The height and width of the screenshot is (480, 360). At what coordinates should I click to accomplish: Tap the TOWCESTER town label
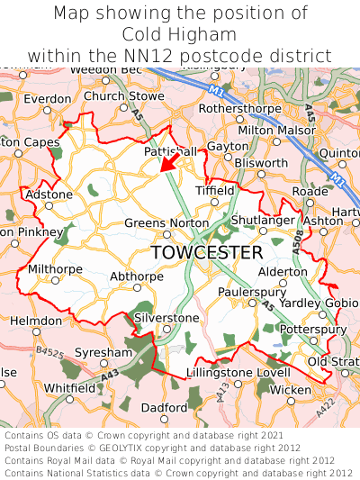pyautogui.click(x=207, y=252)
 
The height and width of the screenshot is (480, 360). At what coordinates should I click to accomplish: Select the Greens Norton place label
pyautogui.click(x=166, y=223)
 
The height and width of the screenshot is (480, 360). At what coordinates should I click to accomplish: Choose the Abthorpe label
pyautogui.click(x=137, y=276)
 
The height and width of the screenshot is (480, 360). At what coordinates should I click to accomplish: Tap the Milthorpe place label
pyautogui.click(x=56, y=269)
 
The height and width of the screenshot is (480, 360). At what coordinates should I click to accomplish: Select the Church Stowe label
pyautogui.click(x=124, y=95)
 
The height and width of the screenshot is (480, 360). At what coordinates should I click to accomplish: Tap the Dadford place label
pyautogui.click(x=164, y=407)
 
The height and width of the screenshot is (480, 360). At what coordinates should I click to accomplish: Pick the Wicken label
pyautogui.click(x=290, y=389)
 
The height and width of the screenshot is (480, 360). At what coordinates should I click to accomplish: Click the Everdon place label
pyautogui.click(x=41, y=99)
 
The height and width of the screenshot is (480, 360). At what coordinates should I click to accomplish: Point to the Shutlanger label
pyautogui.click(x=263, y=220)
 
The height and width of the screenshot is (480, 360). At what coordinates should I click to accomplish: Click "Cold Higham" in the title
pyautogui.click(x=180, y=35)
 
